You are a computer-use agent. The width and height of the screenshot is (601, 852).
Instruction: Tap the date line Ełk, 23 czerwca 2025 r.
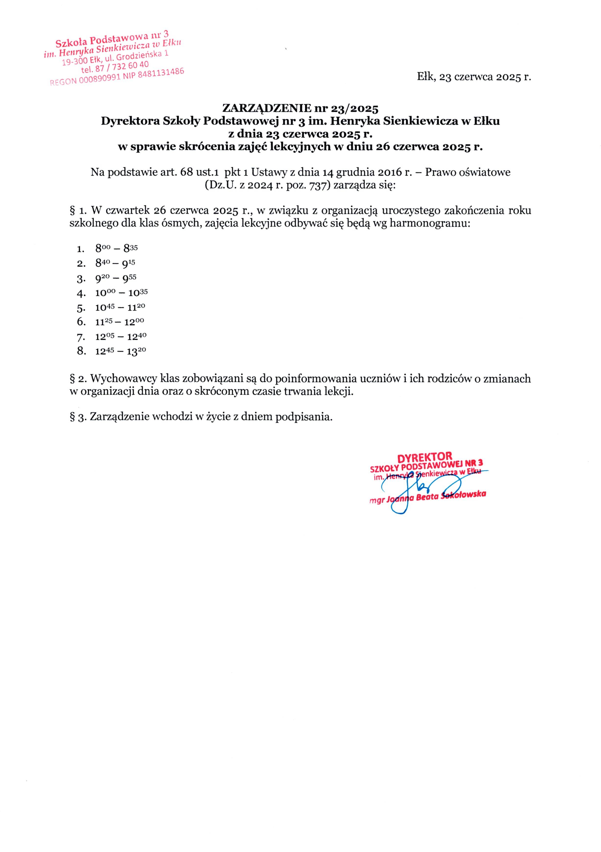(474, 77)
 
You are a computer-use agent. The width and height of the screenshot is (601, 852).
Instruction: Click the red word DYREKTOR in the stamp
(425, 456)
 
